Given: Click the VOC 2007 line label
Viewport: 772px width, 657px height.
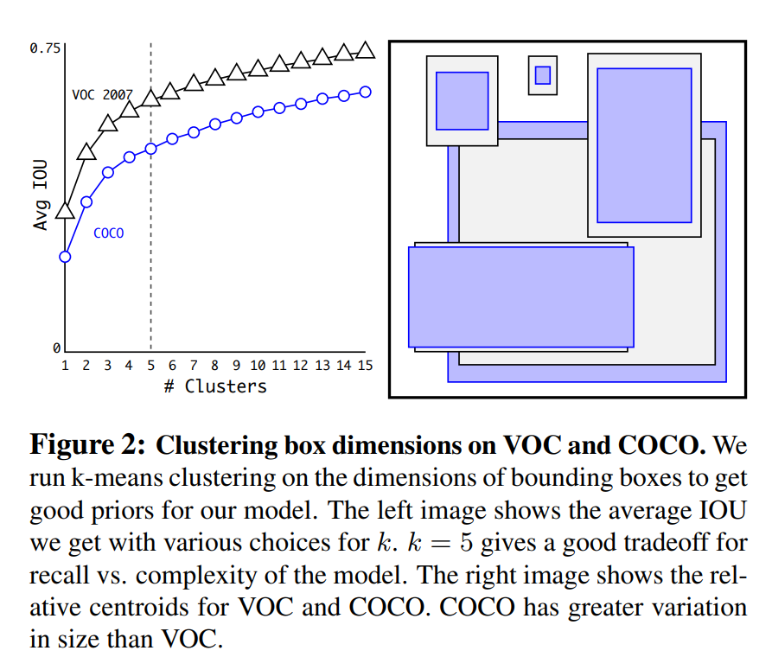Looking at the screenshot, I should tap(101, 94).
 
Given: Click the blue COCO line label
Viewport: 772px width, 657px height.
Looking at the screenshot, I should tap(108, 233).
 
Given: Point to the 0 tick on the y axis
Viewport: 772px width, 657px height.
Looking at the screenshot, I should tap(57, 348).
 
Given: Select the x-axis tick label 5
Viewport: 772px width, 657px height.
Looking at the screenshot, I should tap(150, 366).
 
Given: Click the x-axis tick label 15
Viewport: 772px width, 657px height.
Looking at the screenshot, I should tap(365, 366).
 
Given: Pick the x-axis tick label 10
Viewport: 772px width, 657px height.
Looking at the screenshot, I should tap(258, 366).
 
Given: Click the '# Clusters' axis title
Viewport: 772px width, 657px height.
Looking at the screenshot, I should tap(215, 386).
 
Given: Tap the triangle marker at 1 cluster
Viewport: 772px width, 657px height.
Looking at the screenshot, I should tap(66, 210).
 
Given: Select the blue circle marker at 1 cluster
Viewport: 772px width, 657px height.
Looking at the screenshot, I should tap(66, 256).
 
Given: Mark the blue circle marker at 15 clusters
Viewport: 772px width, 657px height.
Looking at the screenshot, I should tap(365, 92).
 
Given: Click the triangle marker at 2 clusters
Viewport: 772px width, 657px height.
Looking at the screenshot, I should tap(86, 152).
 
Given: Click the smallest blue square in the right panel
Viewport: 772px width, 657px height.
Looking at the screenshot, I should tap(542, 75).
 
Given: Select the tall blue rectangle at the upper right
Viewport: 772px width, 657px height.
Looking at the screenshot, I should tap(644, 145).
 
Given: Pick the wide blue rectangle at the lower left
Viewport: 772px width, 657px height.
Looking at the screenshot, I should tap(520, 297).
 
